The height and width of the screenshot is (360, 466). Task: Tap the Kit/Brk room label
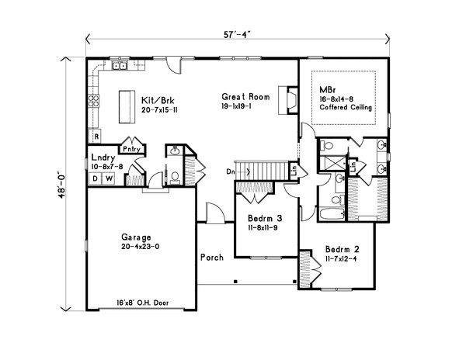click(x=157, y=100)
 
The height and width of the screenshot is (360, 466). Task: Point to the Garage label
click(x=135, y=237)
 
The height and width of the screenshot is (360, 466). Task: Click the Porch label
click(x=212, y=258)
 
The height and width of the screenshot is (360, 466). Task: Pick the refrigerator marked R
click(x=96, y=137)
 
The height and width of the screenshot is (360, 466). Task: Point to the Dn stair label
click(x=231, y=170)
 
